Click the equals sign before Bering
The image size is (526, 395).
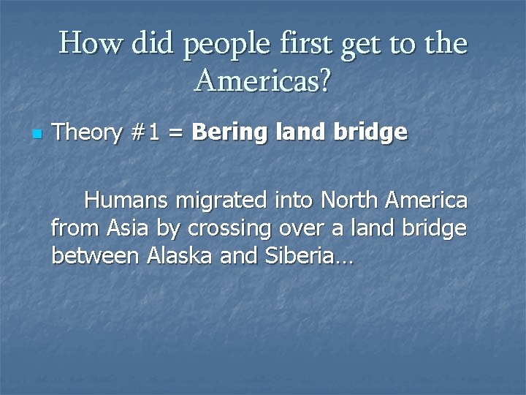point(178,134)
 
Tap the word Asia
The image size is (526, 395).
point(129,228)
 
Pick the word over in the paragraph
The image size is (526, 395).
point(301,229)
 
